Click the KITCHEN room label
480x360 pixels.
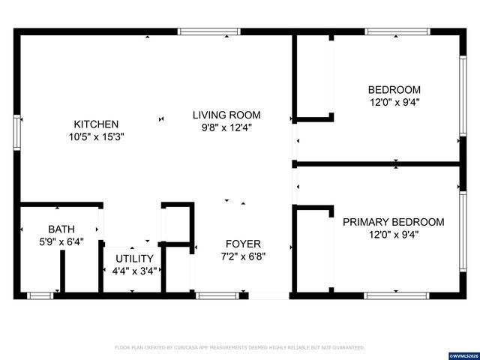point(95,124)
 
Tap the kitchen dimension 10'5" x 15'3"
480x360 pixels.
point(95,137)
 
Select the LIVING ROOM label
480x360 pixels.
point(226,115)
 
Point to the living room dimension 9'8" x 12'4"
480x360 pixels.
point(226,127)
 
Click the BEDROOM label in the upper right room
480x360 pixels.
point(394,89)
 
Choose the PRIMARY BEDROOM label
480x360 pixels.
point(393,222)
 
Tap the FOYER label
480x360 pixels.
point(243,244)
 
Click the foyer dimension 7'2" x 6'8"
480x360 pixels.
point(243,256)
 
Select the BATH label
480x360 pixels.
point(61,229)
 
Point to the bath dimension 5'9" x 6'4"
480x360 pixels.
point(61,241)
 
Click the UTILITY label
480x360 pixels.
point(133,258)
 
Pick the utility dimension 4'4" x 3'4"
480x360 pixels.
point(133,271)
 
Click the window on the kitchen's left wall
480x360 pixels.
point(17,131)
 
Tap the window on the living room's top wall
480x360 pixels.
point(209,32)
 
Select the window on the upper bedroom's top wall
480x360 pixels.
point(397,32)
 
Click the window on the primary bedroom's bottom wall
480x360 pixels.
point(397,295)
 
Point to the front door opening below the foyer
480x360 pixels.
point(268,295)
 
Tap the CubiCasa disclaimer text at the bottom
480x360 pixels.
point(239,348)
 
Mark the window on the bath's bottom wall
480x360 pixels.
point(38,295)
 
